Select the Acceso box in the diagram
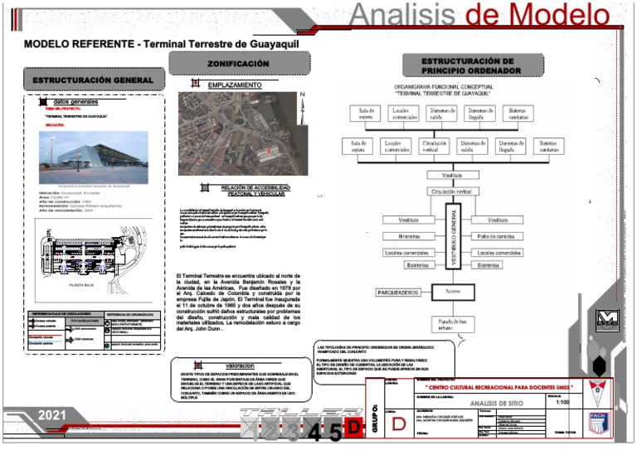coord(452,292)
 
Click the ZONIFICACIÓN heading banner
coord(239,63)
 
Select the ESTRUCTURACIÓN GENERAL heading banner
coord(93,80)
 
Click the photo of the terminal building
coord(93,157)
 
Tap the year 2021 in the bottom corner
coord(52,414)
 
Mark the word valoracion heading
coord(239,365)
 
